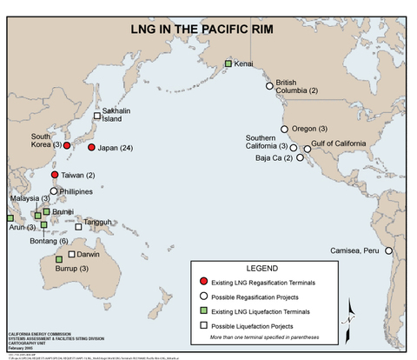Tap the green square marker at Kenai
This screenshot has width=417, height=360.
[228, 63]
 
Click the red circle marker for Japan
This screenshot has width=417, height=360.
[91, 148]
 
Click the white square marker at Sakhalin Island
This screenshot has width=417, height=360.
[97, 116]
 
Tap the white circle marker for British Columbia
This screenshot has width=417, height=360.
[269, 85]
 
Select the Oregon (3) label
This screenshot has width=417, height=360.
[309, 129]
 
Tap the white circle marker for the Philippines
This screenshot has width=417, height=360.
[55, 190]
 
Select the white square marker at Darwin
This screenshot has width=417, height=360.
[71, 255]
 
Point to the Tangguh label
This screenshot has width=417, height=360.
[98, 223]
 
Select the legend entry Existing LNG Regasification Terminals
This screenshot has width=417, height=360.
[266, 283]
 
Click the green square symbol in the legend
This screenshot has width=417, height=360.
[203, 310]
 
